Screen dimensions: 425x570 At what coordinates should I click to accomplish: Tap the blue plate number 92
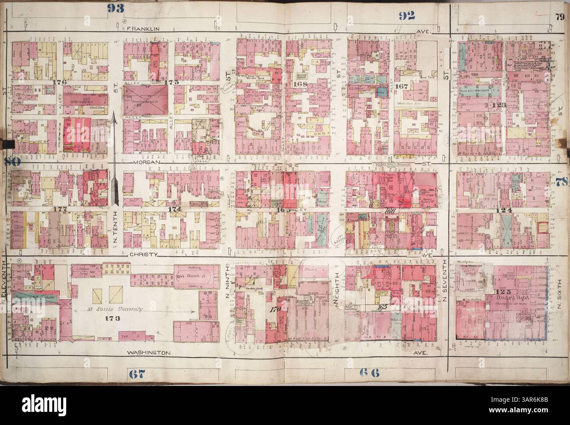point(406,16)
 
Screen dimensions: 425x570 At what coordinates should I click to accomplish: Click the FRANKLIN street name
point(142,29)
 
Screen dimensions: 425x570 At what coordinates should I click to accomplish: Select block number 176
point(58,82)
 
